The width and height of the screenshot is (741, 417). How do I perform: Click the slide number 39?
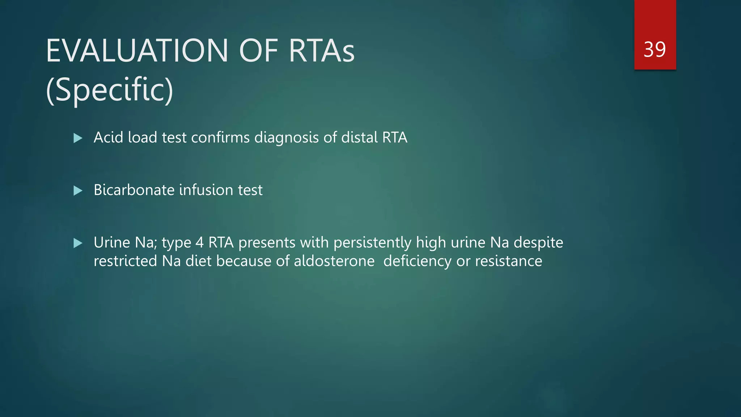[655, 50]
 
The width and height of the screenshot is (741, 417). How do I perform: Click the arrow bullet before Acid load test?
[78, 138]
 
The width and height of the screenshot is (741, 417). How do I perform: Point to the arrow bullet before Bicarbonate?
[78, 190]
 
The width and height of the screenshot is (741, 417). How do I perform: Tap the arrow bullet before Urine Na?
[78, 243]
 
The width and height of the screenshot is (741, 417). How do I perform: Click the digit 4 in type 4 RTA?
[199, 243]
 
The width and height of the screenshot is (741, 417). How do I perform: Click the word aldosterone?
[334, 261]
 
